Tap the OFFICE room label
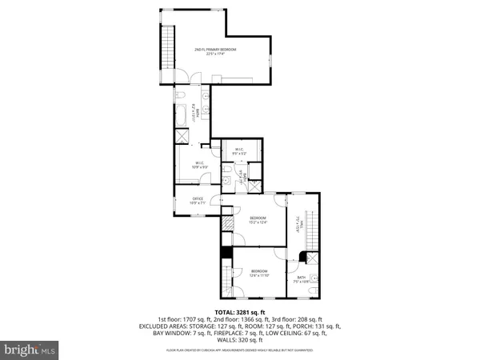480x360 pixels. click(198, 201)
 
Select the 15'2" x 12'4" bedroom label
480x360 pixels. click(257, 221)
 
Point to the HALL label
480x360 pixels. click(299, 223)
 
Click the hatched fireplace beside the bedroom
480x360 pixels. click(226, 225)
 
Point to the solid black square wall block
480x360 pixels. click(226, 251)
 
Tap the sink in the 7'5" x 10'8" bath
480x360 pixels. click(314, 280)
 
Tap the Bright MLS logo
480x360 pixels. click(30, 350)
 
